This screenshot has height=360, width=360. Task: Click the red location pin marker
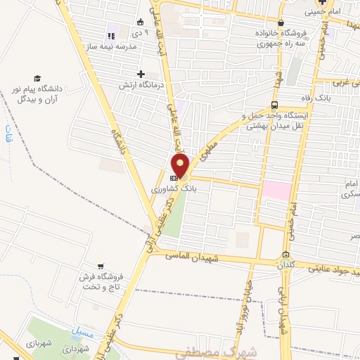[181, 167]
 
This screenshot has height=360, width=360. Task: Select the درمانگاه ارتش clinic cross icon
[141, 74]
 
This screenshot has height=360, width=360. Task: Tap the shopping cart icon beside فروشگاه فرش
[103, 266]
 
